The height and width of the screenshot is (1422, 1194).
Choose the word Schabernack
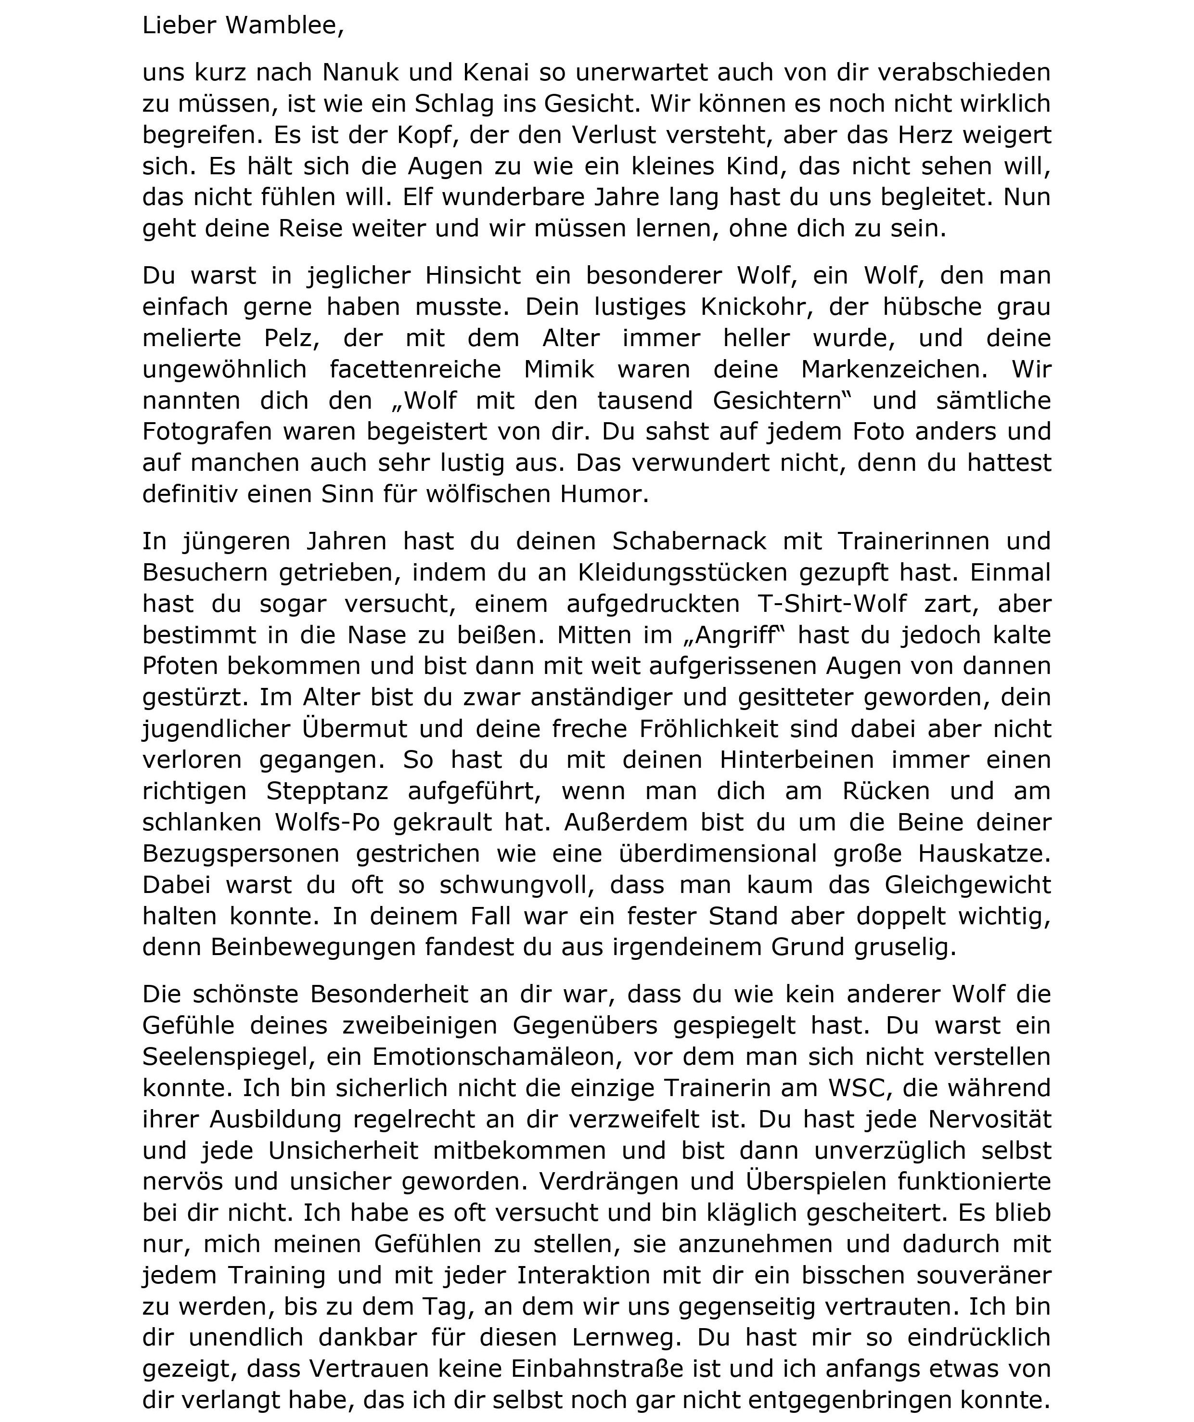[689, 541]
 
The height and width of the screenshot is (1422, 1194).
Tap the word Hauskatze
[984, 853]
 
